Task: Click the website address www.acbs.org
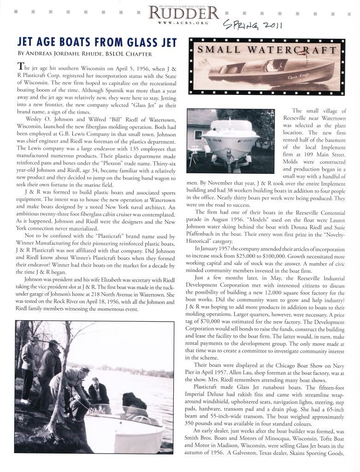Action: [x=183, y=22]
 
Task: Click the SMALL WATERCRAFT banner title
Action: [x=267, y=49]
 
